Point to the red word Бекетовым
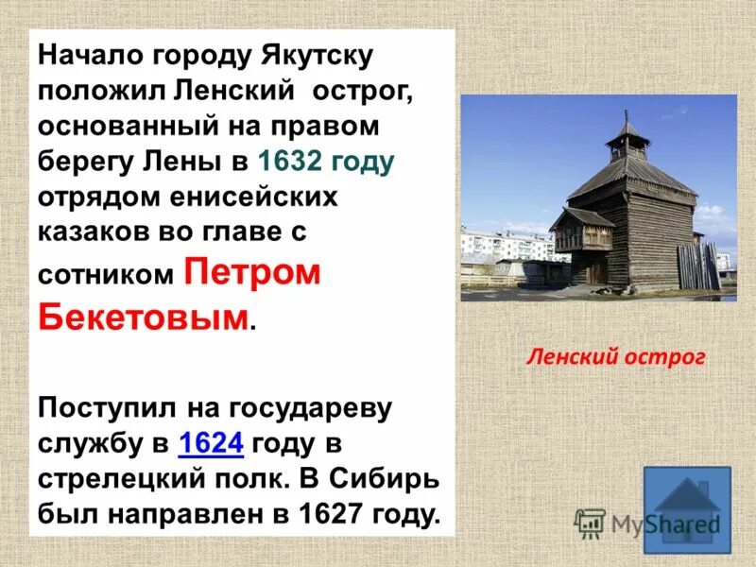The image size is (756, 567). tap(145, 315)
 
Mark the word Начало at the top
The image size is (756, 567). tap(86, 56)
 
